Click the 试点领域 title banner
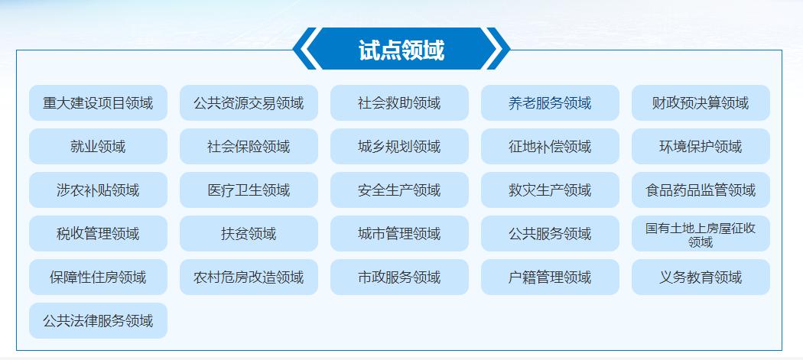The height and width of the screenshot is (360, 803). [x=401, y=49]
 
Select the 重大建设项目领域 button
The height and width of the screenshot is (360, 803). [x=99, y=103]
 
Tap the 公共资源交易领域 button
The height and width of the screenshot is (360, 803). [x=249, y=103]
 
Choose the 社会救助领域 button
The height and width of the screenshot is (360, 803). [x=399, y=103]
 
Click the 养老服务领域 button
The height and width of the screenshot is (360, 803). [x=550, y=103]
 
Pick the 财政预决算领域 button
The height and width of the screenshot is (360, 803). [x=701, y=103]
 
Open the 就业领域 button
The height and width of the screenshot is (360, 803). [x=99, y=147]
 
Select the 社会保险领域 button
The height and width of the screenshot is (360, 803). [x=249, y=147]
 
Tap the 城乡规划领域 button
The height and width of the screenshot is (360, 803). [x=399, y=147]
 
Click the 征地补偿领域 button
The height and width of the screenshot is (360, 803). [x=550, y=147]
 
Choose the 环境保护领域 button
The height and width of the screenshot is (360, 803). [x=701, y=147]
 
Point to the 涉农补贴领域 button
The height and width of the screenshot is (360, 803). [x=99, y=190]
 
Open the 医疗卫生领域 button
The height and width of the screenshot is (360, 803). [x=249, y=190]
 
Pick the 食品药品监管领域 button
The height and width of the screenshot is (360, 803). [x=701, y=190]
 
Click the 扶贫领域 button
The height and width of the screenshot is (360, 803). [x=249, y=234]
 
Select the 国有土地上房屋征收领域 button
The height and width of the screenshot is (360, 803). [x=701, y=234]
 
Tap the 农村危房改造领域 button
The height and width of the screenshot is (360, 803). [x=249, y=277]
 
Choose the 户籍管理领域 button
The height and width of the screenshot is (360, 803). [x=550, y=277]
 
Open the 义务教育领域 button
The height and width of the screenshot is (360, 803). [x=701, y=277]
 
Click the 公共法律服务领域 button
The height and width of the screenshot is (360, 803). [x=99, y=320]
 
